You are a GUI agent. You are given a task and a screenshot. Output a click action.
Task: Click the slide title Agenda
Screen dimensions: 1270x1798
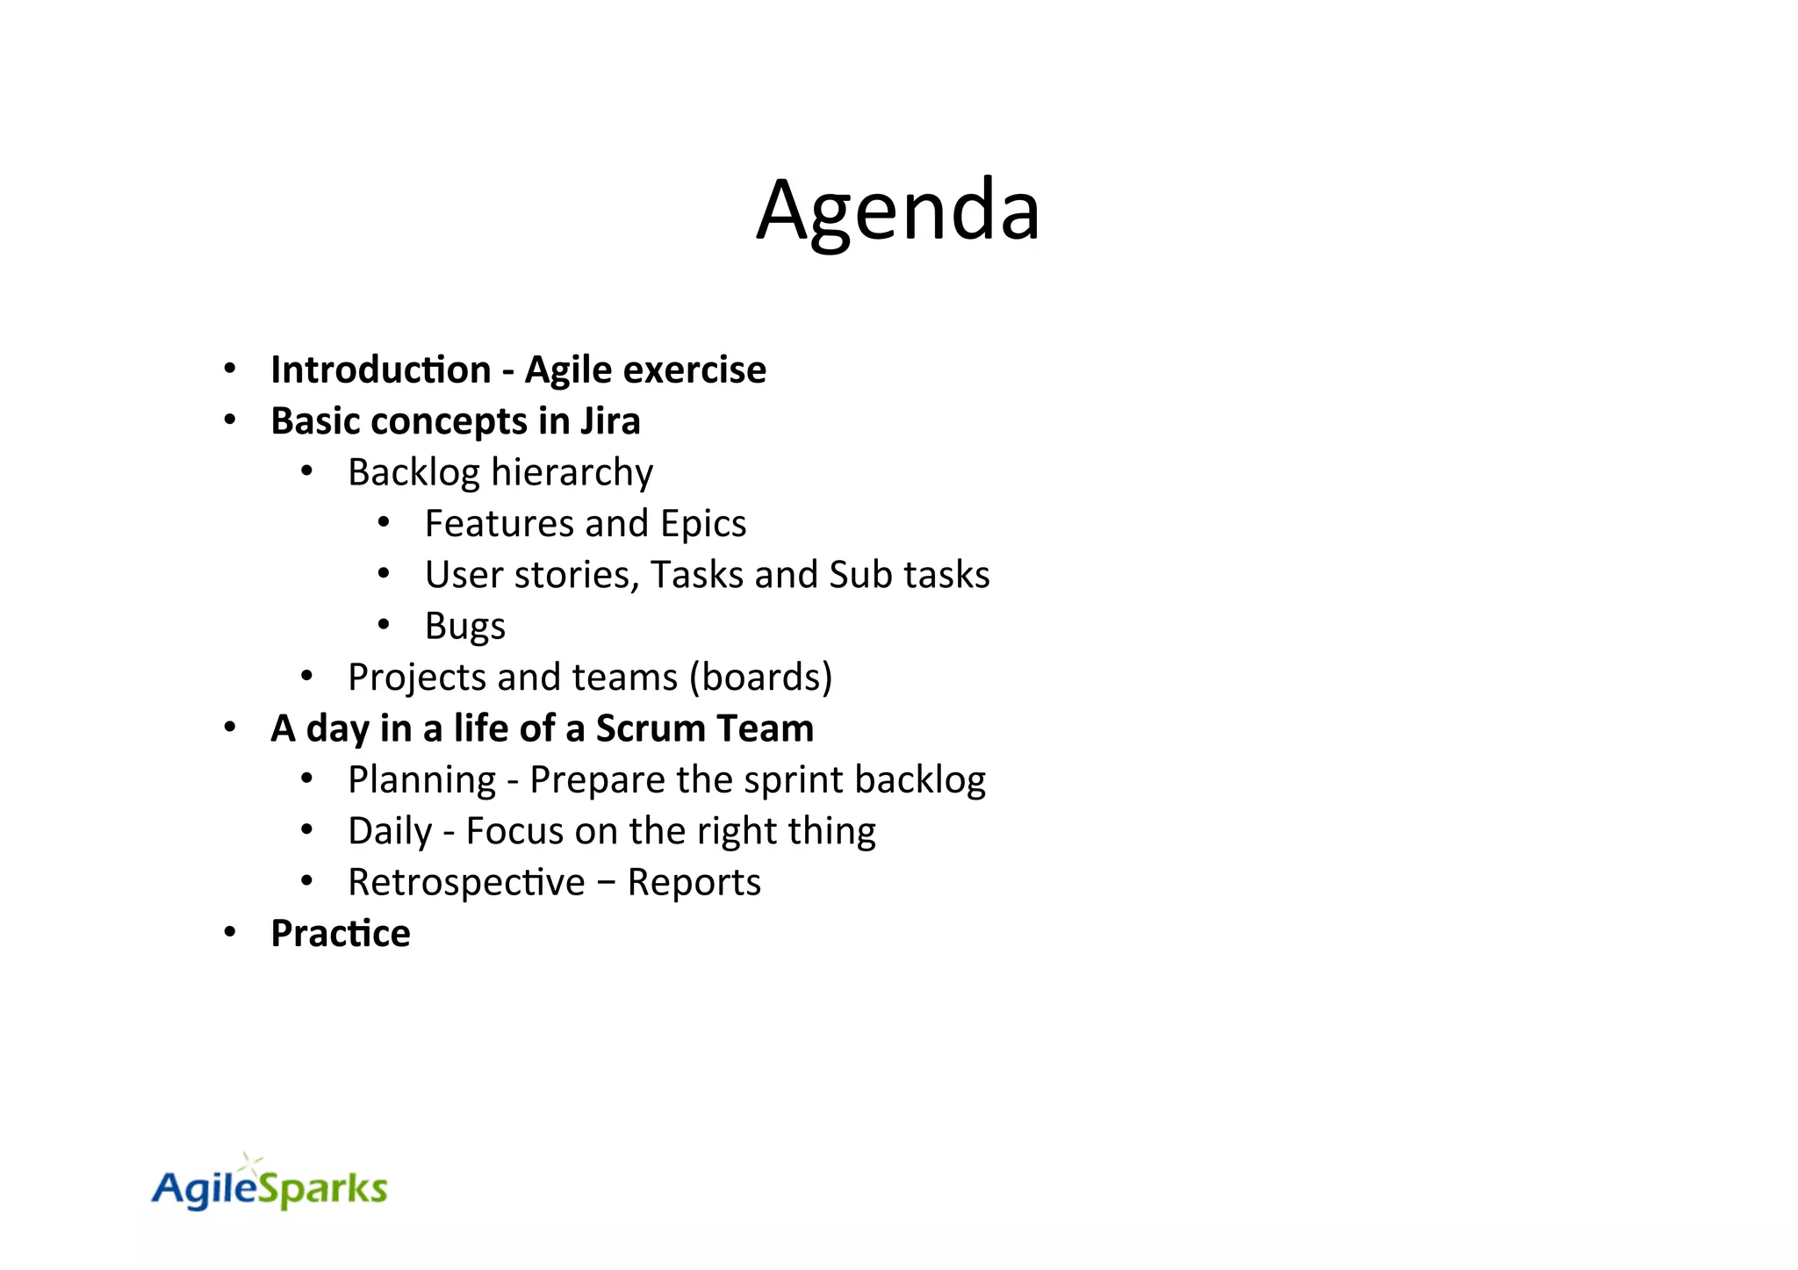click(x=898, y=211)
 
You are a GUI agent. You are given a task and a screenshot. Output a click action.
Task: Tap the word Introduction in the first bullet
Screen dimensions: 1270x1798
click(x=380, y=370)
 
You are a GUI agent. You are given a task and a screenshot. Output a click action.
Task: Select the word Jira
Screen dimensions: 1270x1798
click(x=610, y=421)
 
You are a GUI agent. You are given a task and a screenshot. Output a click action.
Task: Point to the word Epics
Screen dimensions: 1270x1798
click(x=703, y=524)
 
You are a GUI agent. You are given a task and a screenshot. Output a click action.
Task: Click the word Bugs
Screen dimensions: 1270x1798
click(x=464, y=627)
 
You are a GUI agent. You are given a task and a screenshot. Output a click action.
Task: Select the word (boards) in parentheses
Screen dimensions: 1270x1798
click(x=761, y=677)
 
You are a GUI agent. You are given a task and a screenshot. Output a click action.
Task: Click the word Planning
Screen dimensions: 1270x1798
click(x=421, y=780)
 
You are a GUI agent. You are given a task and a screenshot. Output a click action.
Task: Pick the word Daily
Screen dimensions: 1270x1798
click(x=390, y=831)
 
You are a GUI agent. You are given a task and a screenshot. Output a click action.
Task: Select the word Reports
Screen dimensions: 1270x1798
click(x=694, y=882)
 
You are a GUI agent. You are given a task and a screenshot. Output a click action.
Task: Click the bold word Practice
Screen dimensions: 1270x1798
click(x=340, y=933)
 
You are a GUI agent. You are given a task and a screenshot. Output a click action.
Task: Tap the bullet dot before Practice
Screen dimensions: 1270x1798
click(x=230, y=932)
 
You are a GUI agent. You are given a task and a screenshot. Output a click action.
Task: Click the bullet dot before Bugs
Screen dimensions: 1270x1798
click(x=384, y=625)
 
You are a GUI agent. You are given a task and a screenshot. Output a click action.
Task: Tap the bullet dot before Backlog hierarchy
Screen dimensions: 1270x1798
click(x=306, y=471)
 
